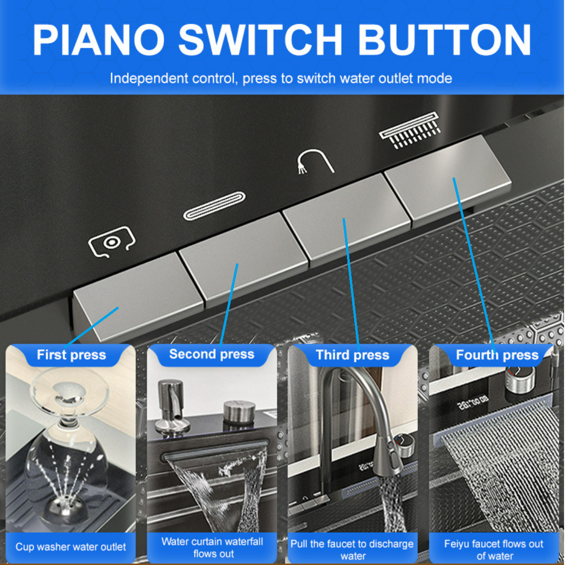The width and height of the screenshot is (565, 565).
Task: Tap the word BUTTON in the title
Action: pyautogui.click(x=444, y=40)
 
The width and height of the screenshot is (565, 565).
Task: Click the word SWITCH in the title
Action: pyautogui.click(x=260, y=40)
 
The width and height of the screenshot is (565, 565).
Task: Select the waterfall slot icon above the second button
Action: pyautogui.click(x=214, y=206)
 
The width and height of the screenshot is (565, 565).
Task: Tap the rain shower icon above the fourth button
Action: pyautogui.click(x=410, y=130)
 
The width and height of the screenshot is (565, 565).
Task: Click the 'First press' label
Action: pyautogui.click(x=71, y=355)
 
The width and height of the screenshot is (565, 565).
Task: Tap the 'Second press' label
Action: pyautogui.click(x=212, y=354)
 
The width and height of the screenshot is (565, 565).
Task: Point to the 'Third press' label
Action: pyautogui.click(x=352, y=355)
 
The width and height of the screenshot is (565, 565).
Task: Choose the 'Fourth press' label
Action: pyautogui.click(x=497, y=355)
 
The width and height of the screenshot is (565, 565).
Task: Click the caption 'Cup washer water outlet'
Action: pyautogui.click(x=70, y=547)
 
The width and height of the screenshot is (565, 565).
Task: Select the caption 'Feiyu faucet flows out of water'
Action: pyautogui.click(x=494, y=550)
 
